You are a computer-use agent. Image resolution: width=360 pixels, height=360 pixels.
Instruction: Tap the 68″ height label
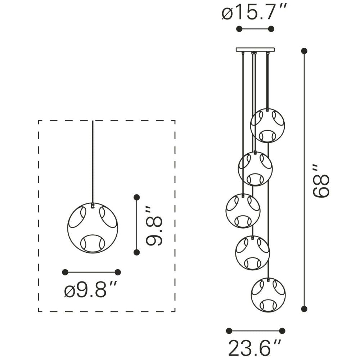pyautogui.click(x=321, y=181)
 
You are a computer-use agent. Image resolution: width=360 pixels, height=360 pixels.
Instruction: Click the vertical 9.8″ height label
pyautogui.click(x=154, y=226)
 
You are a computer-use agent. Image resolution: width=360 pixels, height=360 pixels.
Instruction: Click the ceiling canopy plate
pyautogui.click(x=255, y=50)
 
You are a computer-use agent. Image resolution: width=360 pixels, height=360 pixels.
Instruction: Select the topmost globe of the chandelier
pyautogui.click(x=267, y=126)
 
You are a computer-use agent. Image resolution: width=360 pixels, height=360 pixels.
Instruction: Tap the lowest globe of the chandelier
pyautogui.click(x=268, y=295)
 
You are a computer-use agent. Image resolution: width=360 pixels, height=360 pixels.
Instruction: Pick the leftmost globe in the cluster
pyautogui.click(x=243, y=211)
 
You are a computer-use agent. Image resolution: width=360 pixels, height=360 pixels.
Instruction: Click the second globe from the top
pyautogui.click(x=255, y=169)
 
